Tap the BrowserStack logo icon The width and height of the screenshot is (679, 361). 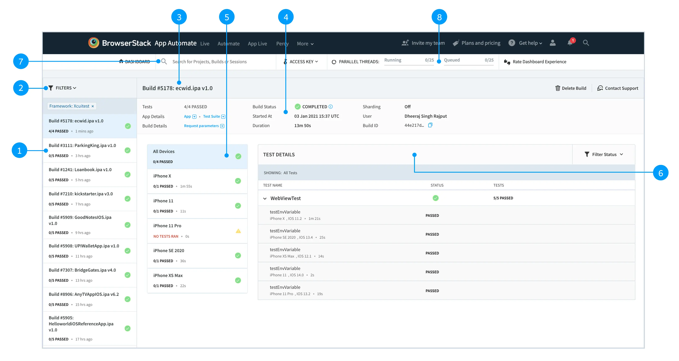tap(94, 43)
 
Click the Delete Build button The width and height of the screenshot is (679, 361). tap(571, 88)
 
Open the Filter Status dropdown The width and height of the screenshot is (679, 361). tap(604, 154)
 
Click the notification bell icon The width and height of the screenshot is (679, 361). tap(570, 43)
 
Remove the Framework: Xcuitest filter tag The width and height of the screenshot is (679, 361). tap(93, 106)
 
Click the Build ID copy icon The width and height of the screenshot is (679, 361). tap(430, 125)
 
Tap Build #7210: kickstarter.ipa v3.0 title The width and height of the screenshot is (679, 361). tap(81, 194)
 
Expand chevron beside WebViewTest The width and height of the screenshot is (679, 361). tap(265, 198)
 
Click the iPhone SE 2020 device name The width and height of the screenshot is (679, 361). tap(169, 251)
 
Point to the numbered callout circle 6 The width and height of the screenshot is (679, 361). tap(661, 173)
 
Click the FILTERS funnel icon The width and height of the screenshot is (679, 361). tap(51, 88)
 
